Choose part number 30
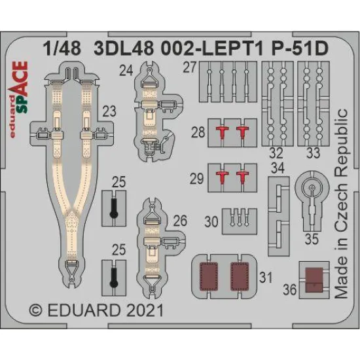(211, 221)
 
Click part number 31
(265, 277)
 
